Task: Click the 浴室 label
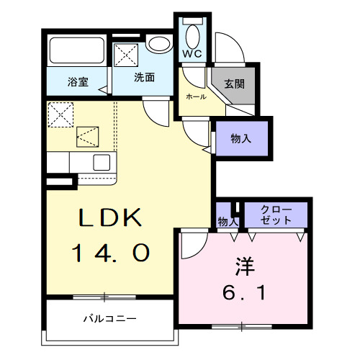pos(78,81)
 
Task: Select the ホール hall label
pos(196,96)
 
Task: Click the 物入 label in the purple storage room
pos(240,139)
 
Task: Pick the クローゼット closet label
pos(276,215)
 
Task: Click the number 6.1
pos(244,293)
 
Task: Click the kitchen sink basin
pos(100,161)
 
